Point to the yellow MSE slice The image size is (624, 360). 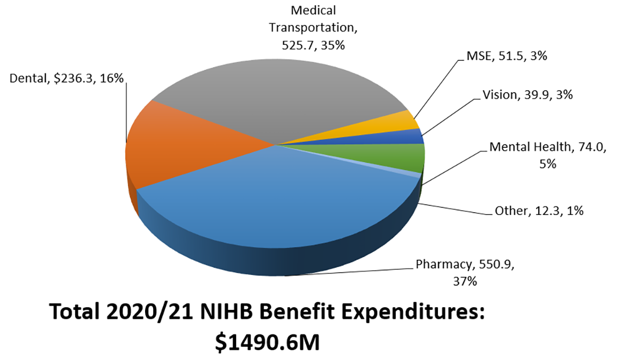(x=400, y=123)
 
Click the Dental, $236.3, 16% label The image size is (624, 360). (x=67, y=78)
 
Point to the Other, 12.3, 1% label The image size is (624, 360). (x=539, y=211)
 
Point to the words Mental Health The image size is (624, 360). (x=529, y=148)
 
